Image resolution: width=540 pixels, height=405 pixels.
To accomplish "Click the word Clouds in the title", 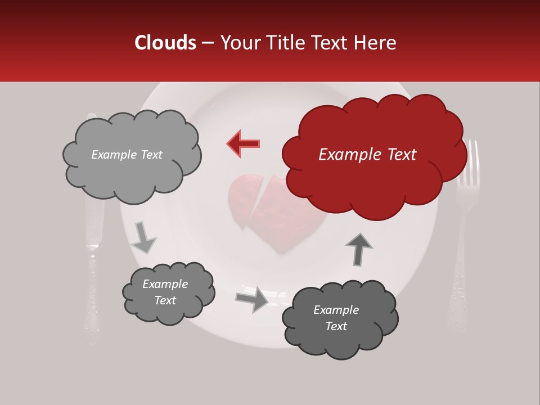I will pos(165,43).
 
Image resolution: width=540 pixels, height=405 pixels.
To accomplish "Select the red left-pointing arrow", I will pos(243,143).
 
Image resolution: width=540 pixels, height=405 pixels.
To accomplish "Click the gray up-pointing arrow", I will pos(358,249).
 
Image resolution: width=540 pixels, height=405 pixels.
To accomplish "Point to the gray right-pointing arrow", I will pos(252,299).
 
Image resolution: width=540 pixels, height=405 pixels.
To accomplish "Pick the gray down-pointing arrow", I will pos(143,238).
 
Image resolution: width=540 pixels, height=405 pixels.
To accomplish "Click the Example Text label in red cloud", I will pos(367,155).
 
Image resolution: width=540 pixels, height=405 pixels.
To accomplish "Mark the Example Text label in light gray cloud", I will pos(127,155).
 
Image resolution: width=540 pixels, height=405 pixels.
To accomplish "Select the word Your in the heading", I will pos(239,43).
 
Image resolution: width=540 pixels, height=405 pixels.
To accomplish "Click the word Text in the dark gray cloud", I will pos(336,326).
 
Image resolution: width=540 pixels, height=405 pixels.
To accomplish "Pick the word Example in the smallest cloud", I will pos(165,284).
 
